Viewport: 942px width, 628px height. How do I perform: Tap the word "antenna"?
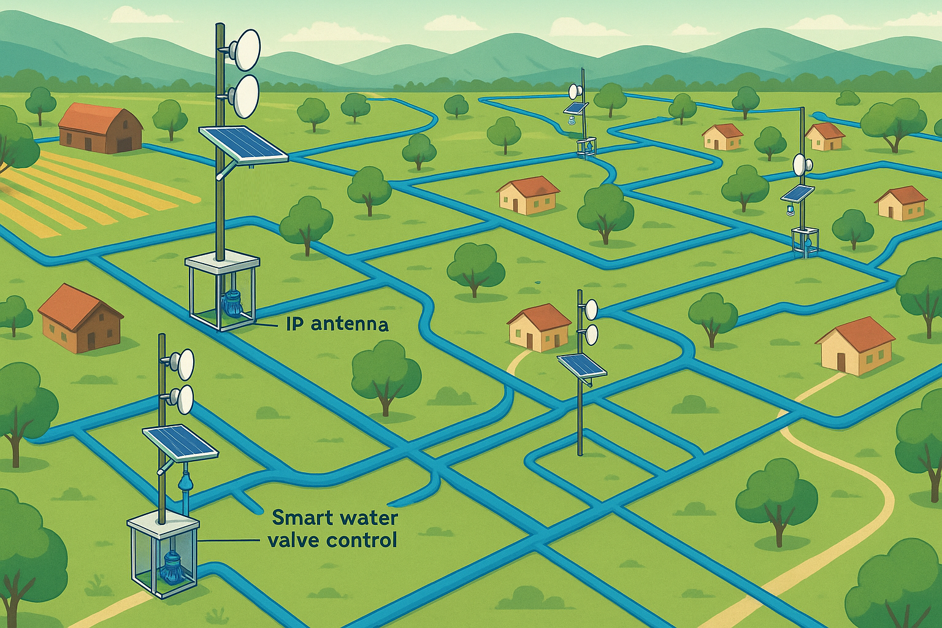pos(350,324)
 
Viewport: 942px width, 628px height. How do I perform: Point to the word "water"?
pos(368,518)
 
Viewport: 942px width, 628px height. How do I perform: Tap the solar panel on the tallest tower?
pos(243,145)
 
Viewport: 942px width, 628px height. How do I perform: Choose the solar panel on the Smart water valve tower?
pos(180,441)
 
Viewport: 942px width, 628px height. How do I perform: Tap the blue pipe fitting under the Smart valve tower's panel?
pos(184,482)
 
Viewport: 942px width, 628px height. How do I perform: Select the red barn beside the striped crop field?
pos(101,128)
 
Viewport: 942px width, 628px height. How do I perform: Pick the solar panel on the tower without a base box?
pos(581,366)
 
